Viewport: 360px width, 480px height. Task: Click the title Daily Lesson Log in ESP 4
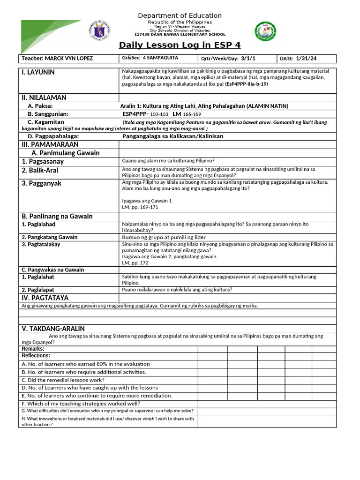point(180,45)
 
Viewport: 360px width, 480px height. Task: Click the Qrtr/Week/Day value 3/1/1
point(251,59)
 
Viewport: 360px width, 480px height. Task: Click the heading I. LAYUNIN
point(37,72)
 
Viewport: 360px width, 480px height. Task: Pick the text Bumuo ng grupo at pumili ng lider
point(164,237)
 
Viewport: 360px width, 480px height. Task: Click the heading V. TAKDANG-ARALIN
point(53,329)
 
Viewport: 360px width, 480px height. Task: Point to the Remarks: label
point(33,349)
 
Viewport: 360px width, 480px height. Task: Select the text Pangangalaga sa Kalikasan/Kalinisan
point(172,136)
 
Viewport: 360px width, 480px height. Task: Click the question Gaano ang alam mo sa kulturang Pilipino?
point(168,161)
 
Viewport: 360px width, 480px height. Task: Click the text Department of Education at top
point(180,16)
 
